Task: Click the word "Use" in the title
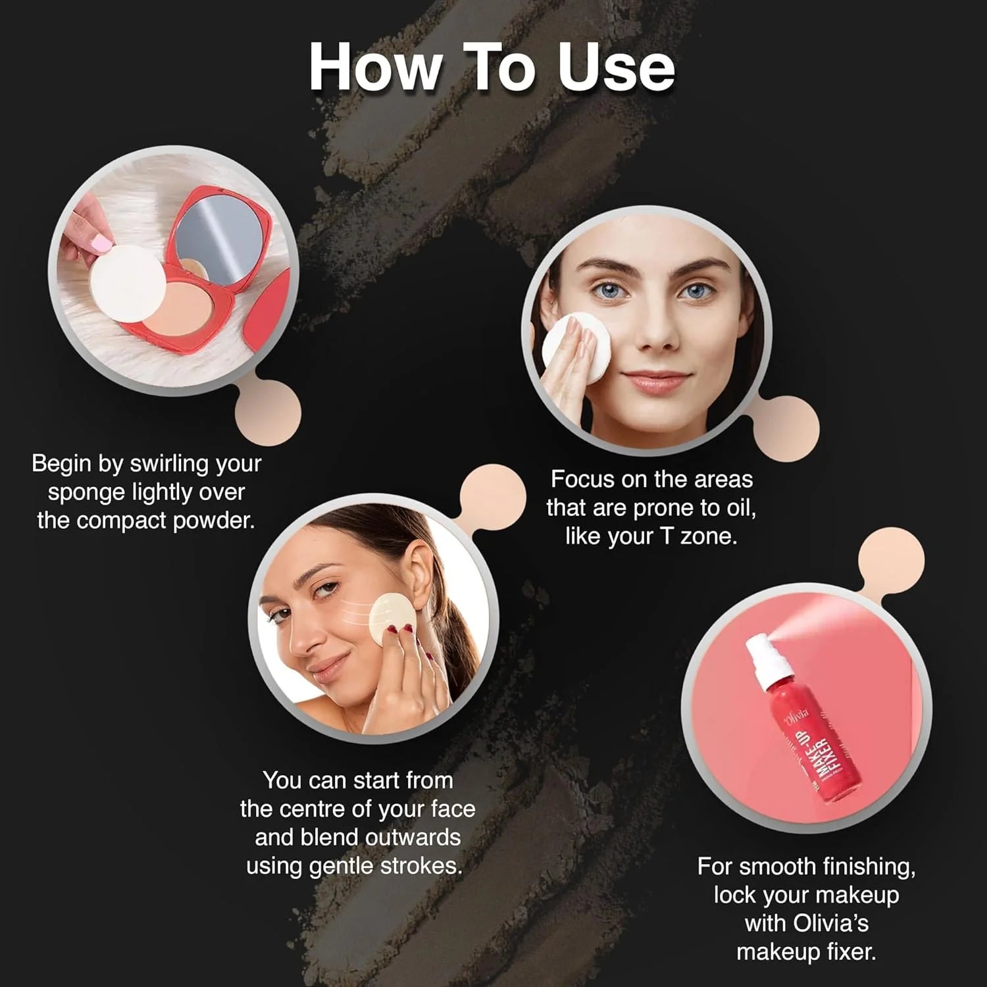pos(617,67)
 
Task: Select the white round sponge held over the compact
pos(128,283)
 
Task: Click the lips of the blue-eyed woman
pos(657,381)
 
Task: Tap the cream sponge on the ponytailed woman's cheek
pos(392,619)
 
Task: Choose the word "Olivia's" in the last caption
pos(831,923)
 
